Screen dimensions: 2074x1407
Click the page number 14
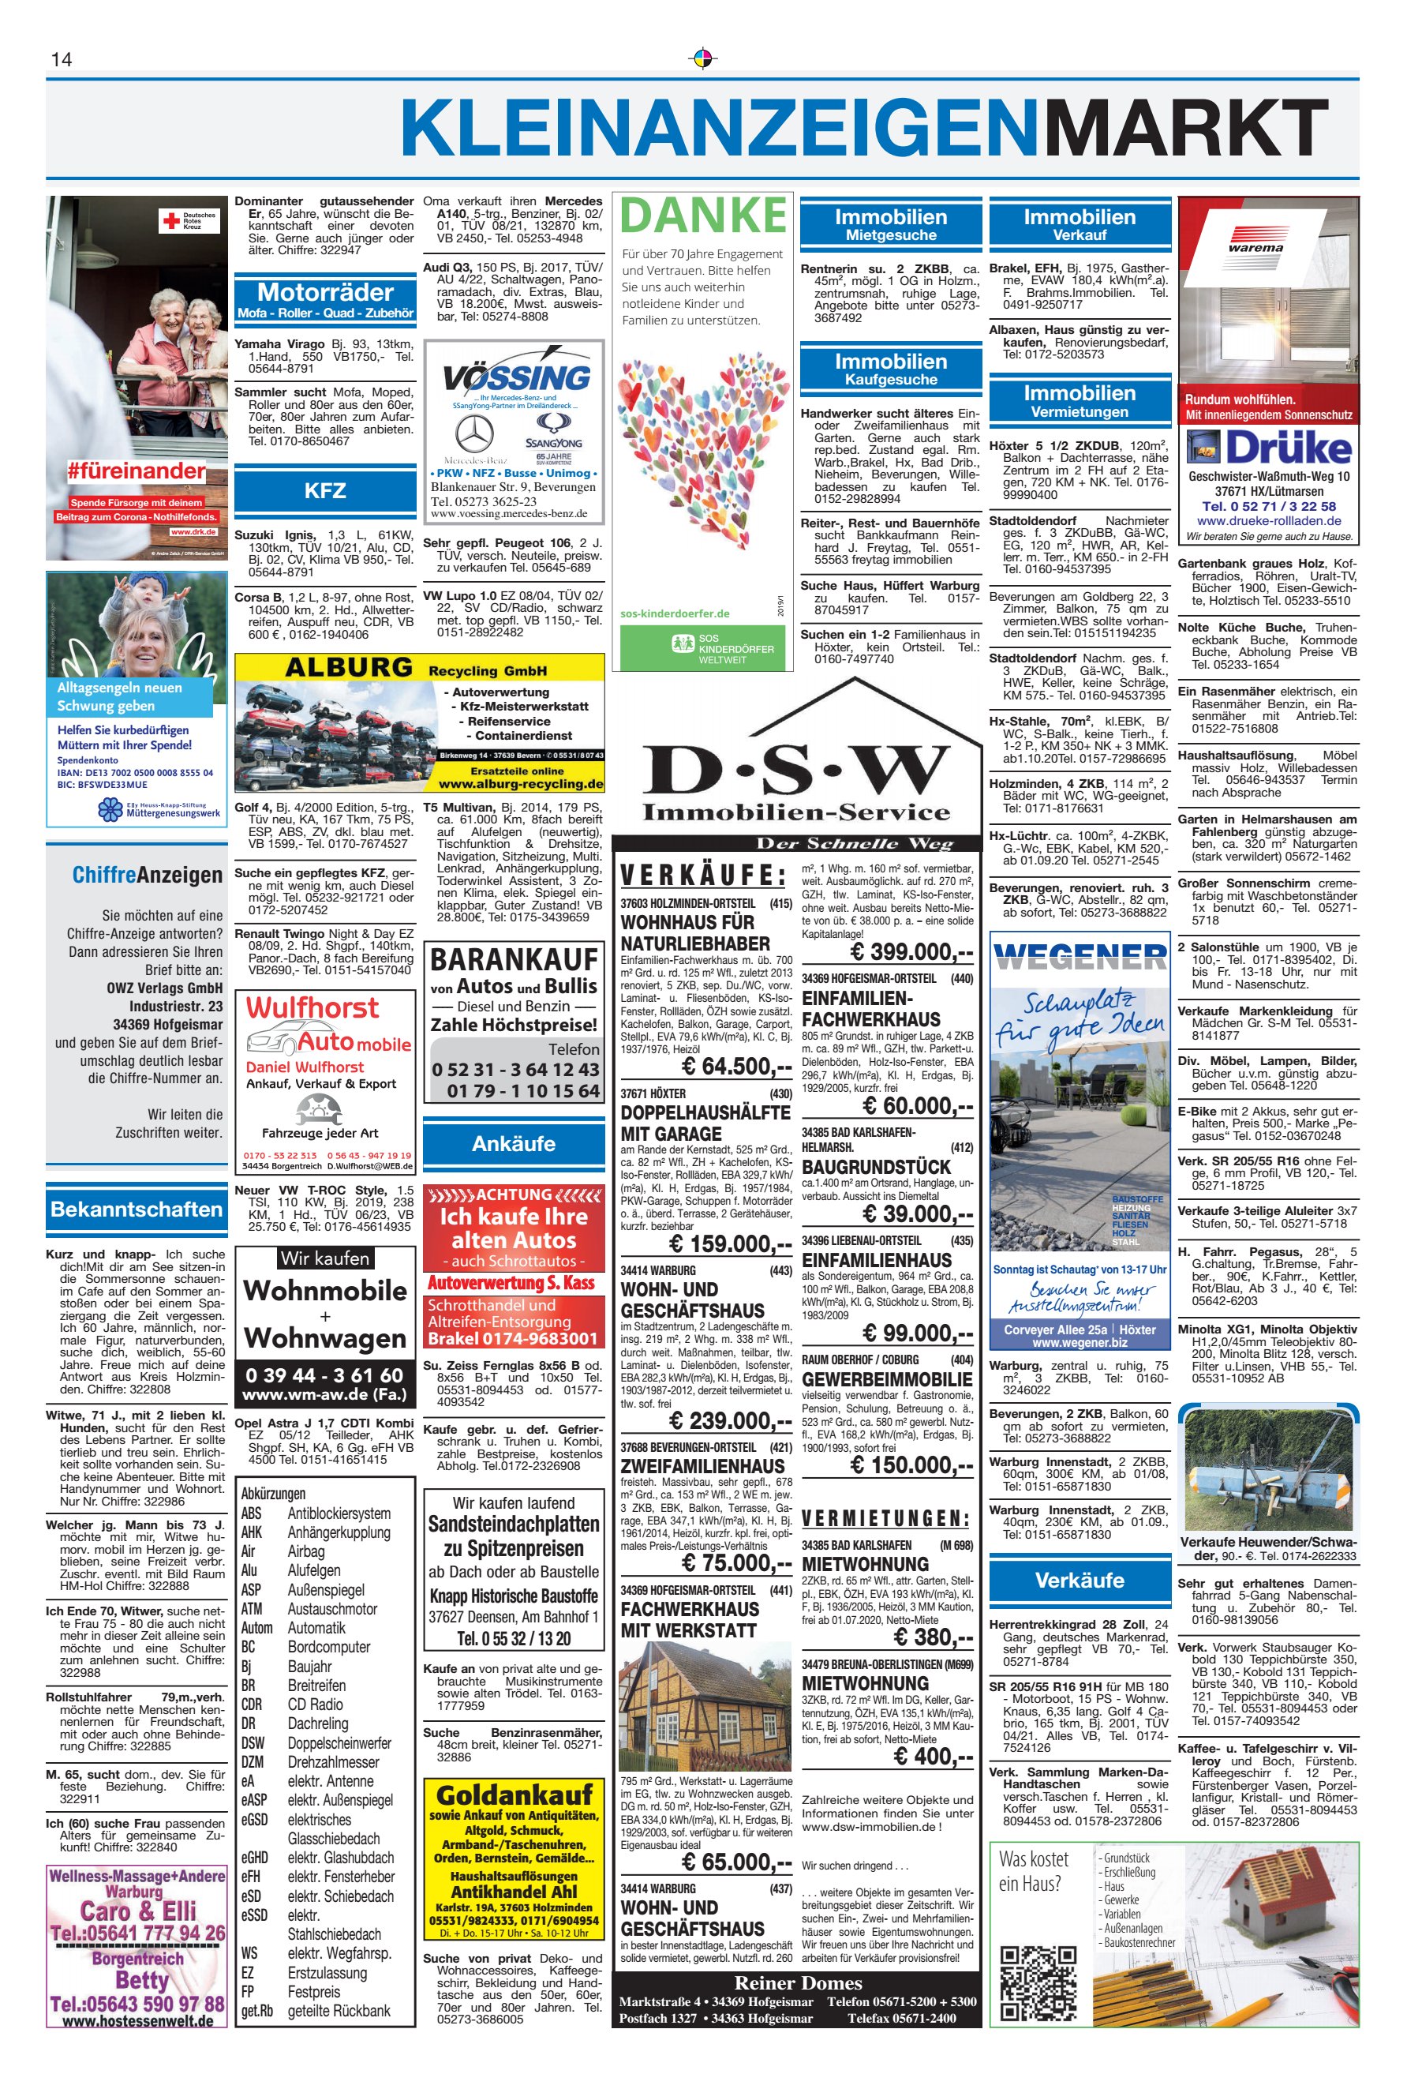(62, 60)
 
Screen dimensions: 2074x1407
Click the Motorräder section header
(325, 293)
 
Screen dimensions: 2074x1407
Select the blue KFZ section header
(325, 491)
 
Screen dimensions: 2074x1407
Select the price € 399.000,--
(911, 951)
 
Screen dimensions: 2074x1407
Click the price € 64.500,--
(735, 1067)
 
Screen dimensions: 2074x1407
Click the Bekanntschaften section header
(137, 1210)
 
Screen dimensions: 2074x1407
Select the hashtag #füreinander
(136, 471)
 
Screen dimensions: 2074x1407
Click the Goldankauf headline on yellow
(514, 1795)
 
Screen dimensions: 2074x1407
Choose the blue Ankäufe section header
(514, 1144)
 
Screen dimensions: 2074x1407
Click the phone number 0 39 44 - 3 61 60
(325, 1375)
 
